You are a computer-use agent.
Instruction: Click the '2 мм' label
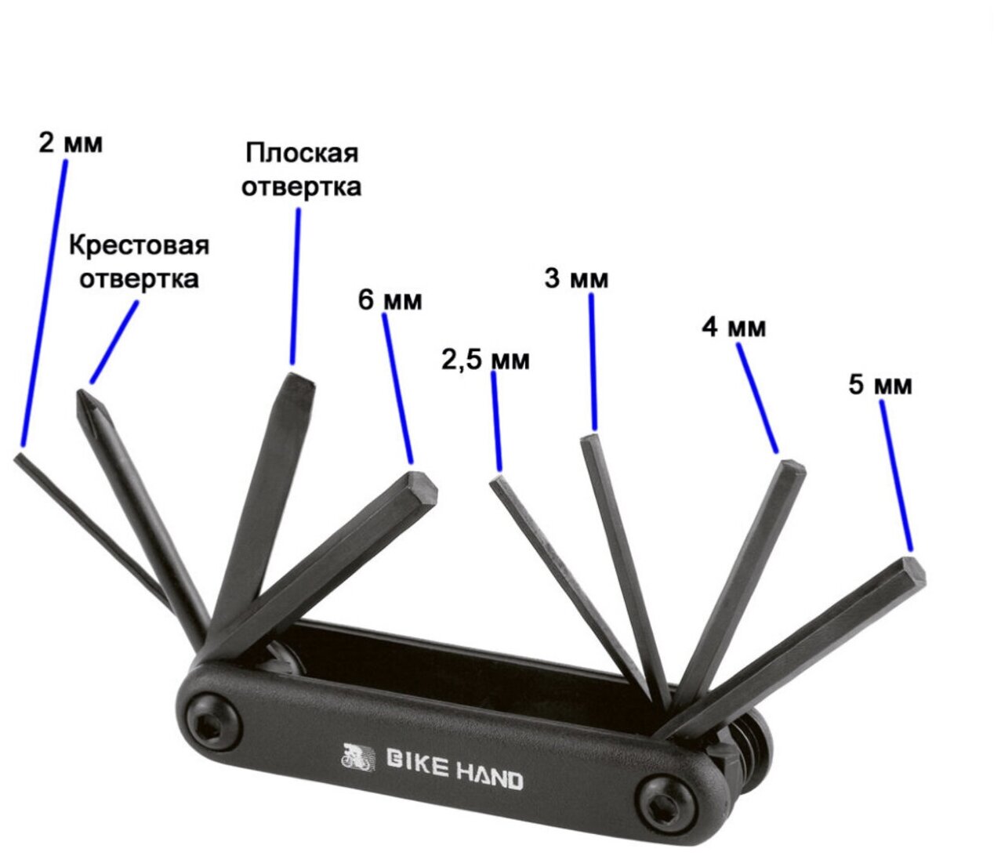71,143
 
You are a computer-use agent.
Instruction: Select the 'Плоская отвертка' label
302,170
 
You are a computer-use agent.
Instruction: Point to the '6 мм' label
390,299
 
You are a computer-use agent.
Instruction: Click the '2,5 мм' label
486,360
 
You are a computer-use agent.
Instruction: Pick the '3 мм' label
576,278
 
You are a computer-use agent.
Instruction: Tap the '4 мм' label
734,327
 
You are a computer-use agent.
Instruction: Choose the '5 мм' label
880,385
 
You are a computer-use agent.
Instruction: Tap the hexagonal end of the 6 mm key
420,487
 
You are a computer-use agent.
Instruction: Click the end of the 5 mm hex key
911,571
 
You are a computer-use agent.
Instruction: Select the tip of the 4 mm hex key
790,470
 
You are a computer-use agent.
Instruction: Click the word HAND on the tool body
490,778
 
